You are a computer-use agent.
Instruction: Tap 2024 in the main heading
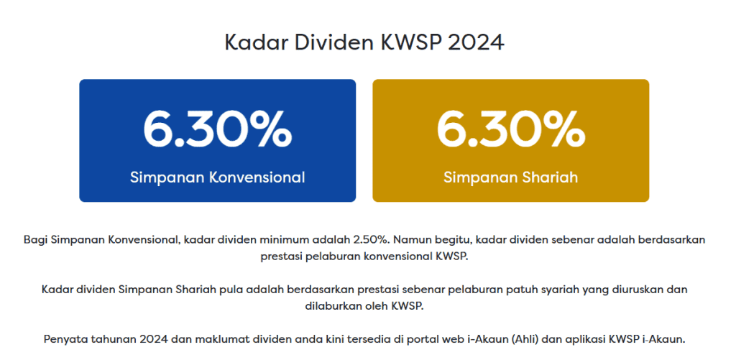click(x=476, y=42)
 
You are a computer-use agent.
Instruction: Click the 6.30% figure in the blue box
click(x=217, y=128)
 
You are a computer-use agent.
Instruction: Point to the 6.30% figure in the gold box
click(x=511, y=128)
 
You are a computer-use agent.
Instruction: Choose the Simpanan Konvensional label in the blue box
click(x=217, y=177)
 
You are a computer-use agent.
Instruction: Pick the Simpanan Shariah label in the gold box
click(x=511, y=177)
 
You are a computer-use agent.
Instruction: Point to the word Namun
click(x=410, y=240)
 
